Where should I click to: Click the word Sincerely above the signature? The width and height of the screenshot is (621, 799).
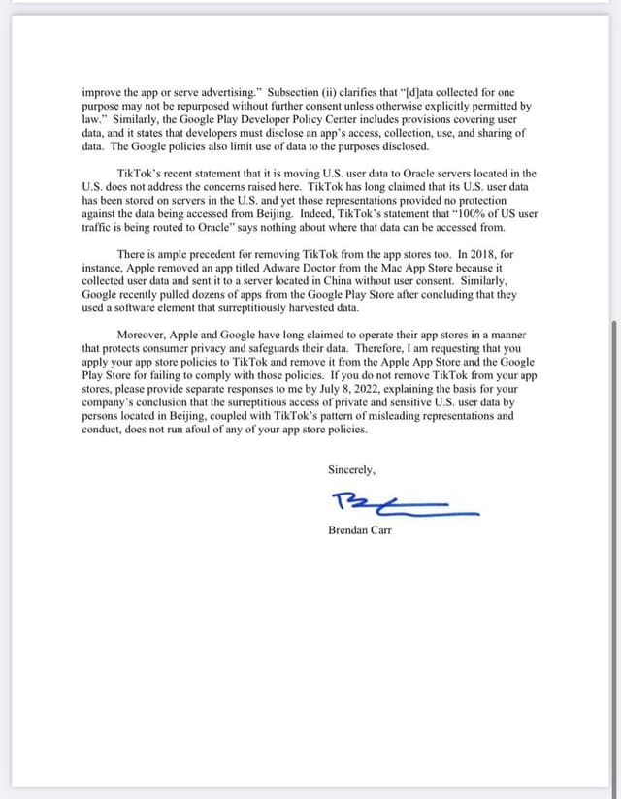tap(351, 470)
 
